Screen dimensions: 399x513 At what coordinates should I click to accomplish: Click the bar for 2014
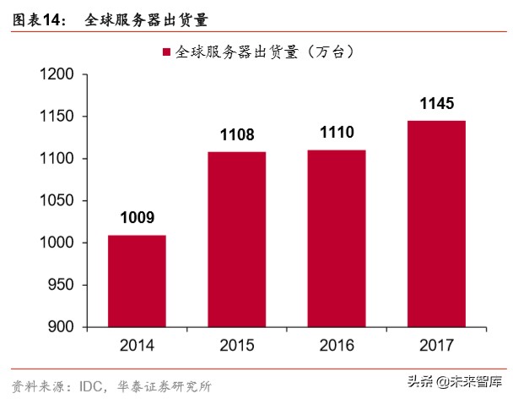137,281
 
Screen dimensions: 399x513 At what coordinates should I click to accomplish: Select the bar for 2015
236,239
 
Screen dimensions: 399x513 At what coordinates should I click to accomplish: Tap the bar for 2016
336,238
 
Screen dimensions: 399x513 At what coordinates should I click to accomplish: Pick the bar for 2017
435,223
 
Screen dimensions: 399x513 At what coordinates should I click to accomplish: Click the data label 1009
137,218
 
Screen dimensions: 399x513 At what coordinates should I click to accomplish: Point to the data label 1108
236,134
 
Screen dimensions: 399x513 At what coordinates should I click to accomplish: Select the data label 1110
336,133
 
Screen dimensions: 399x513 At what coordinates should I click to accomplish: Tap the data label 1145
435,104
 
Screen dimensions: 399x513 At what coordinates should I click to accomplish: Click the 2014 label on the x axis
137,344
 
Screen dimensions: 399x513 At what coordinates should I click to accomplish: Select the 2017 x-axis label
435,344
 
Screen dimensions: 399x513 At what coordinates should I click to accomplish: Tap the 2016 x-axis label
336,344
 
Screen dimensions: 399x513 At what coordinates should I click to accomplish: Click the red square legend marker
165,52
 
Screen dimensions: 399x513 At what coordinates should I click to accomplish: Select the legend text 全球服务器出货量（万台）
264,52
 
